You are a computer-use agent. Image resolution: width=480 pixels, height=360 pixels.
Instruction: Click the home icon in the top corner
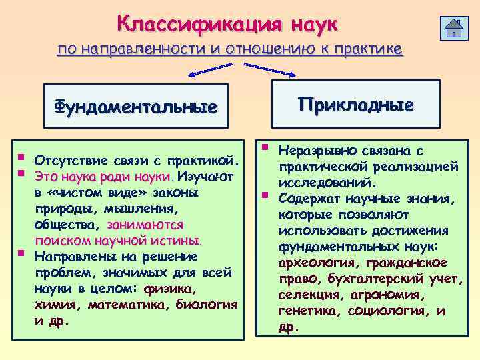[x=455, y=28]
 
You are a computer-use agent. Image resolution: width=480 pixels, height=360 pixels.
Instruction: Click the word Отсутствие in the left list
[x=67, y=161]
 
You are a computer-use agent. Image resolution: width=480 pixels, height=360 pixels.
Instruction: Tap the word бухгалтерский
[x=363, y=278]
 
